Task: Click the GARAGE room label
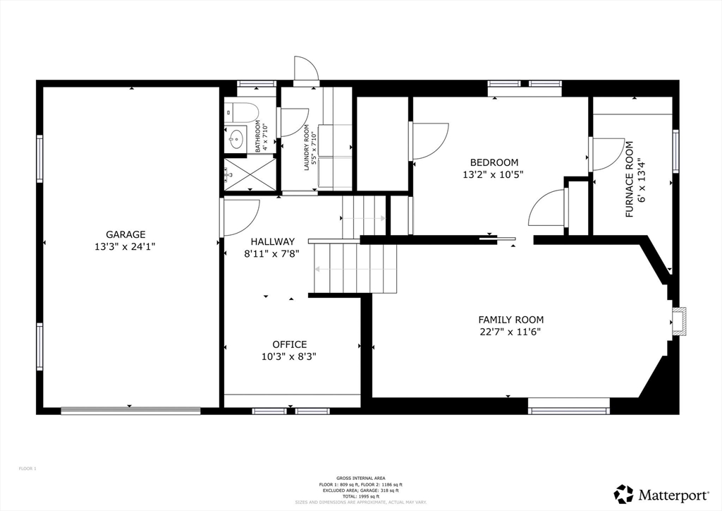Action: click(126, 234)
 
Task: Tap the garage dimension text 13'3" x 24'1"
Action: click(126, 246)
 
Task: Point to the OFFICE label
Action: click(289, 344)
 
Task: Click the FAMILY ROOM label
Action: click(510, 320)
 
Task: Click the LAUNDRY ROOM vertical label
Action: click(307, 148)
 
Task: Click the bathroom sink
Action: click(236, 137)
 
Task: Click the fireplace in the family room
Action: click(678, 320)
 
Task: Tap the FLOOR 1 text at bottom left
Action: click(27, 469)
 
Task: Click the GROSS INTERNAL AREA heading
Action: click(360, 478)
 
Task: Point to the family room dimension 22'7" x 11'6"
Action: click(510, 332)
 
